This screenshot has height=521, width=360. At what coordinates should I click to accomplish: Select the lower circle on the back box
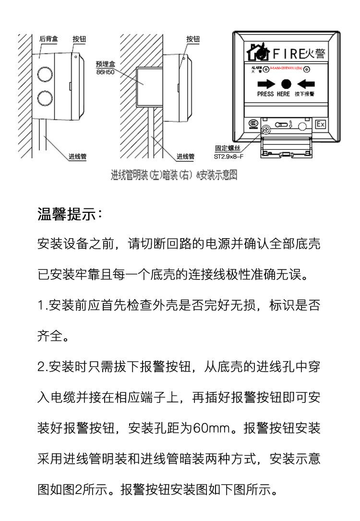point(44,98)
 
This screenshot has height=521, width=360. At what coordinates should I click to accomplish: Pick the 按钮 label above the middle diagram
point(193,39)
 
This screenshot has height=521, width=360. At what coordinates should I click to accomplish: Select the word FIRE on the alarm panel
point(288,52)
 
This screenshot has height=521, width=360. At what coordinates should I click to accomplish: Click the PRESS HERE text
point(273,94)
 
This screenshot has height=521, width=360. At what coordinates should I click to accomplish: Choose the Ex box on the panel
point(320,124)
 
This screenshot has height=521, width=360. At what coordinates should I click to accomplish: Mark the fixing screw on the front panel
point(265,128)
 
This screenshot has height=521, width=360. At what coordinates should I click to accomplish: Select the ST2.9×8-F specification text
point(228,157)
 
